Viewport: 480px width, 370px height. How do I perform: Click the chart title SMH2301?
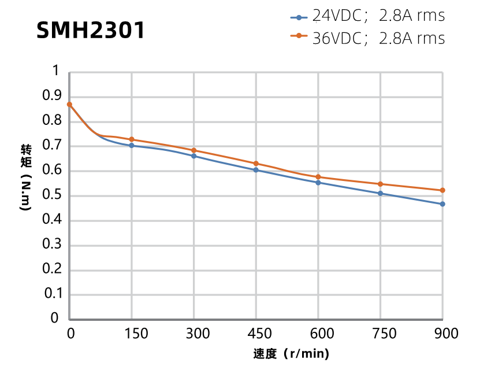click(90, 30)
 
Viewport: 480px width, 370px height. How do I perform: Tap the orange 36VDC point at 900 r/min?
click(442, 190)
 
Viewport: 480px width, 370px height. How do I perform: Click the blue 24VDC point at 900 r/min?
click(442, 204)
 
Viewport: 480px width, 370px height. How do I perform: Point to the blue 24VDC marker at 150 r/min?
click(132, 146)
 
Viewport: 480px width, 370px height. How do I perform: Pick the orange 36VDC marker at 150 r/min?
click(132, 139)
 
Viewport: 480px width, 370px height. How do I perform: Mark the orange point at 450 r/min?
click(256, 164)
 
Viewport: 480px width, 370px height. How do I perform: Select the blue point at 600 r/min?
click(318, 183)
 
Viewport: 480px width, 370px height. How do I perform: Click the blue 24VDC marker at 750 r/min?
click(380, 193)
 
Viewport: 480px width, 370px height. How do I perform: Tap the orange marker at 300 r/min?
click(194, 150)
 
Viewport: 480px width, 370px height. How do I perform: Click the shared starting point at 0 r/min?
click(69, 105)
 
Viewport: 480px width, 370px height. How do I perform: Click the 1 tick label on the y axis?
click(56, 71)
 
